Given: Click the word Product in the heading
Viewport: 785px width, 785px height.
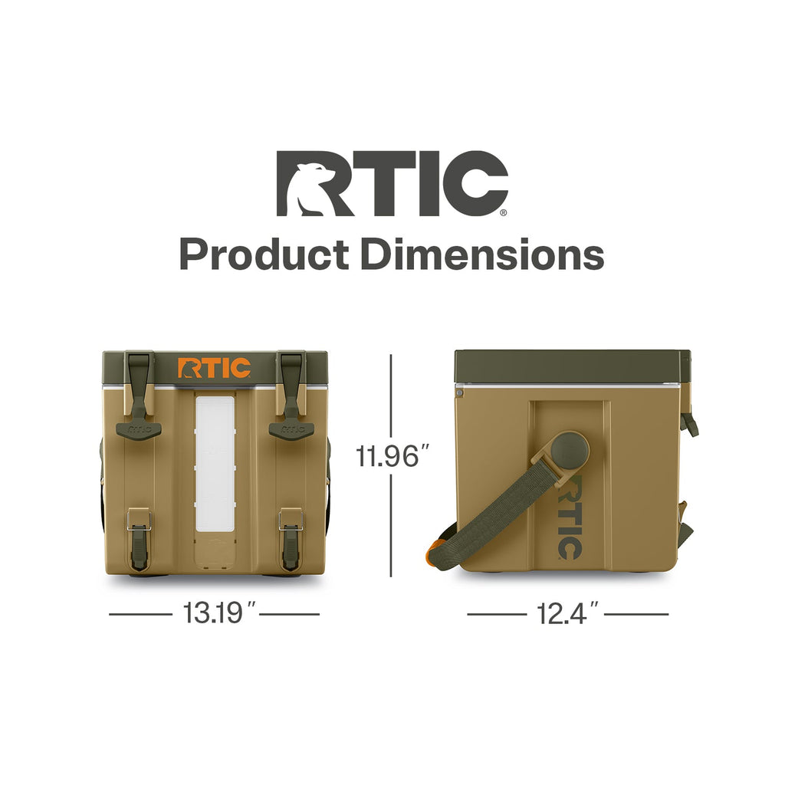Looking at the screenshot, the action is coord(264,255).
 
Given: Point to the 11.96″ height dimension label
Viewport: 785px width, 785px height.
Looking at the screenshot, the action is coord(392,457).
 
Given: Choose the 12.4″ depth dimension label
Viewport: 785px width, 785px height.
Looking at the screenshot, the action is coord(567,613).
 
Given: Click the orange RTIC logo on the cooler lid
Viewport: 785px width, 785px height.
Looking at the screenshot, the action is coord(215,368).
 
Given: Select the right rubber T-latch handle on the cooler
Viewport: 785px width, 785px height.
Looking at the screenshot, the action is coord(291,396).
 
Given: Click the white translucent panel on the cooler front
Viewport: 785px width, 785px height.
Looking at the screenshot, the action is coord(215,464).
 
